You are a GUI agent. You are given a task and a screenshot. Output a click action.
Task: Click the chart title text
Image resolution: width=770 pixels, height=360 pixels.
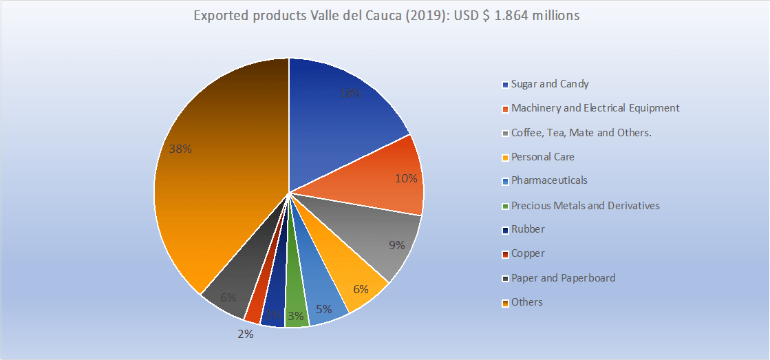coord(385,16)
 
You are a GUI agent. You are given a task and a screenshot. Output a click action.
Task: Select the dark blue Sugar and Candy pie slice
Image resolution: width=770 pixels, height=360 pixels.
coord(337,117)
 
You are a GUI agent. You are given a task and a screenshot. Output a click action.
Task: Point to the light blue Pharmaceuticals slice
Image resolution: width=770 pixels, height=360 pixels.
coord(323,303)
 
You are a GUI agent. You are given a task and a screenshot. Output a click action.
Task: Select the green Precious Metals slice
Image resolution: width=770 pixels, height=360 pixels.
coord(295,313)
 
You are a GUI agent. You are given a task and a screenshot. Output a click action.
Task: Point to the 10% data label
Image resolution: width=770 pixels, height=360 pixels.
coord(406,178)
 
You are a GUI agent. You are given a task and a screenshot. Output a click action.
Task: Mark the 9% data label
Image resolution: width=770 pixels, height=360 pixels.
coord(396,244)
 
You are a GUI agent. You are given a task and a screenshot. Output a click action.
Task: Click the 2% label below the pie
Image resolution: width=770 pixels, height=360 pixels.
coord(246,334)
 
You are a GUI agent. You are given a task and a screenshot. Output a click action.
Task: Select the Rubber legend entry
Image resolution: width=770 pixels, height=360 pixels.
coord(528,229)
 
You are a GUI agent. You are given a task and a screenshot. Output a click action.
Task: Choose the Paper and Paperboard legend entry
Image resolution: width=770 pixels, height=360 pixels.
coord(563,278)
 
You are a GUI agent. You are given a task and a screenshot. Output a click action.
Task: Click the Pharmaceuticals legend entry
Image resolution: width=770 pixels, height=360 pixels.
coord(549,180)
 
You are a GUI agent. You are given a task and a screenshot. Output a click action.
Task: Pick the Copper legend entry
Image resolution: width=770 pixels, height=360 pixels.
coord(528,253)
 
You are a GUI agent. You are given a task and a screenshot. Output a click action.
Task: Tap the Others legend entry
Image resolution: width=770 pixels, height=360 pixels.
coord(527,302)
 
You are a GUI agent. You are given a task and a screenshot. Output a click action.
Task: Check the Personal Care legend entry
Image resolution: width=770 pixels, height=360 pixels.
coord(542,156)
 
